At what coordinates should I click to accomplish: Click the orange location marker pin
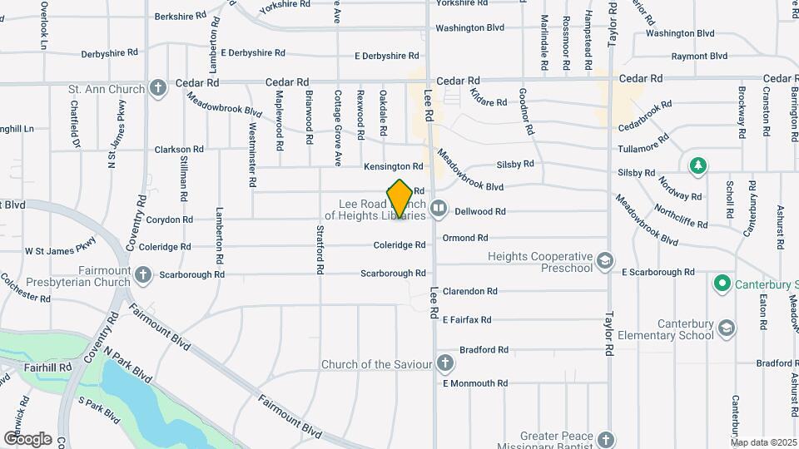tap(400, 199)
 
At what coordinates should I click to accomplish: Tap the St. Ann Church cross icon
tap(158, 88)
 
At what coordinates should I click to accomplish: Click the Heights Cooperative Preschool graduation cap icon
tap(605, 263)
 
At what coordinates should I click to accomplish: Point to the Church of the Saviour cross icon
tap(445, 363)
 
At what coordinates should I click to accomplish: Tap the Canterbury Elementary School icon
tap(727, 328)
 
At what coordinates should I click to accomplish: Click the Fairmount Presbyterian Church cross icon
tap(143, 274)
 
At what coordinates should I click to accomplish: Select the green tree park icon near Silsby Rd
tap(697, 165)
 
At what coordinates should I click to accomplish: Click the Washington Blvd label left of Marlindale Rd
tap(470, 27)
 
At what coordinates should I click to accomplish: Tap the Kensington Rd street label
tap(393, 167)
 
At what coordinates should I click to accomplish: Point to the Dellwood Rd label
tap(480, 212)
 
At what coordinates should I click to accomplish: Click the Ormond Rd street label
tap(464, 238)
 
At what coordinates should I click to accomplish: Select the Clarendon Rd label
tap(469, 292)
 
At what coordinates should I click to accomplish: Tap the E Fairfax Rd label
tap(467, 319)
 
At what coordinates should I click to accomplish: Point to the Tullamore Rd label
tap(643, 149)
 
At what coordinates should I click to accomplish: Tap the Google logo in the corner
tap(27, 438)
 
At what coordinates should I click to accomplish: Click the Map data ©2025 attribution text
tap(763, 442)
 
